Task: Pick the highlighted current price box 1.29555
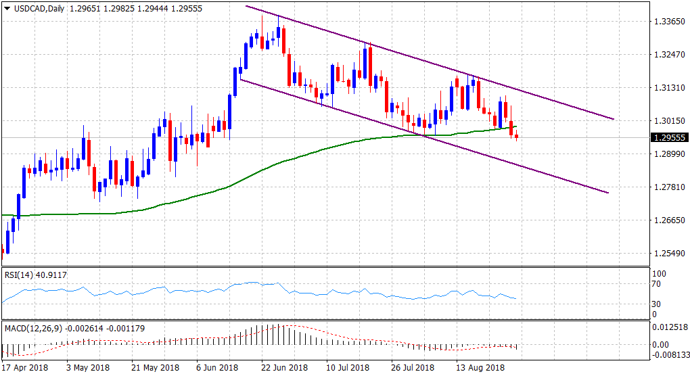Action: coord(668,137)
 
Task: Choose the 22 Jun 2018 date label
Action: coord(281,368)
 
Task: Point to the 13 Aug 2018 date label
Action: coord(480,368)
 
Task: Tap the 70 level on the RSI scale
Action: coord(655,285)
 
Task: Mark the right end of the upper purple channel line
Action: coord(614,119)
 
